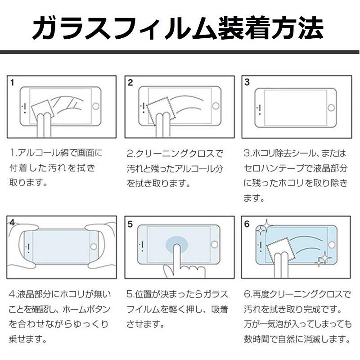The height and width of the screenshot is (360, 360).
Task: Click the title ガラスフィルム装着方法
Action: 180,28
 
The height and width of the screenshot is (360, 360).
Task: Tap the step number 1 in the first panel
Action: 13,83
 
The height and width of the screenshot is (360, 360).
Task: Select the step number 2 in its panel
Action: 130,83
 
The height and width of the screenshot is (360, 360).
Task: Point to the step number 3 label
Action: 247,83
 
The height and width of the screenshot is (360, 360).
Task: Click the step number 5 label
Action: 130,224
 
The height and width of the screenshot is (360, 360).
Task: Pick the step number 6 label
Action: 247,224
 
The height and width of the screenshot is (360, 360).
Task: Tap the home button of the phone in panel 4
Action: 94,246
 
